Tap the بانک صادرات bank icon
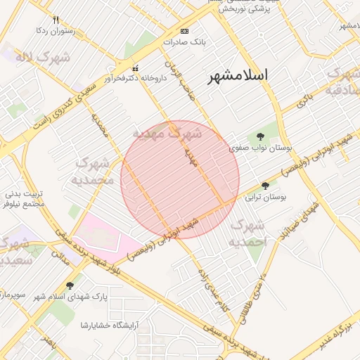[185, 31]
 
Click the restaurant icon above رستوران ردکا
[56, 20]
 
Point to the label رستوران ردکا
[56, 32]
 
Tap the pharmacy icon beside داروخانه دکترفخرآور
[136, 68]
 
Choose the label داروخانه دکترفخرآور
[136, 78]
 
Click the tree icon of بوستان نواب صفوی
[261, 136]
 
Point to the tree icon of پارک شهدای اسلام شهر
[69, 285]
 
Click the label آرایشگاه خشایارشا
[111, 324]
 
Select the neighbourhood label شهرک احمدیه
[249, 233]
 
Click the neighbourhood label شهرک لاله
[44, 57]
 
